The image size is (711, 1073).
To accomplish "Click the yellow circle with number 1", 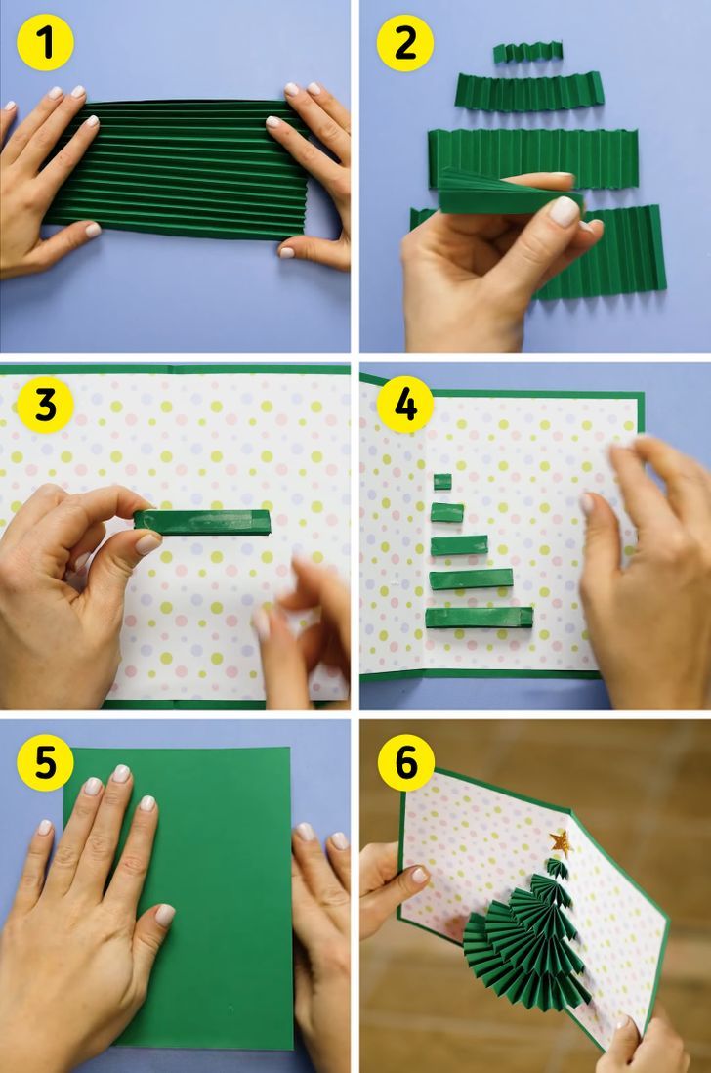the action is (45, 42).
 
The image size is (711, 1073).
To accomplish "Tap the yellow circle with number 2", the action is (404, 42).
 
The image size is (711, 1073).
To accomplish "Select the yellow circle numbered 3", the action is (45, 406).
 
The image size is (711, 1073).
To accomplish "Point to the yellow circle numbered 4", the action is (404, 406).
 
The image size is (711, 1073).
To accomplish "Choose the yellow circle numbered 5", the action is (45, 762).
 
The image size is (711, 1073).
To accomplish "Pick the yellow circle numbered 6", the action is (404, 762).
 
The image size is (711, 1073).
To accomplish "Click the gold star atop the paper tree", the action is (561, 842).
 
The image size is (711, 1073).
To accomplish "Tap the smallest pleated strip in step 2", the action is (527, 52).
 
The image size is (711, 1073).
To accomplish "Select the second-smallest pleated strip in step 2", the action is (529, 93).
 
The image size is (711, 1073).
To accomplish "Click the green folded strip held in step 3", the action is (202, 522).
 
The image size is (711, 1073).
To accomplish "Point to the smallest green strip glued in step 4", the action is (442, 481).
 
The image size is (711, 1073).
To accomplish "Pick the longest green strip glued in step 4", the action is (480, 618).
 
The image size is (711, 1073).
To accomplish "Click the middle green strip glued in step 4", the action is (459, 545).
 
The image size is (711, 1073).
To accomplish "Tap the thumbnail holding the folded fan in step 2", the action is (565, 211).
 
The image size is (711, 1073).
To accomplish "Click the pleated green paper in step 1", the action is (179, 170).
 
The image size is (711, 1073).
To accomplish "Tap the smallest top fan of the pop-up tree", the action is (557, 867).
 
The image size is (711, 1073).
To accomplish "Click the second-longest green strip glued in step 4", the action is (471, 579).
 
